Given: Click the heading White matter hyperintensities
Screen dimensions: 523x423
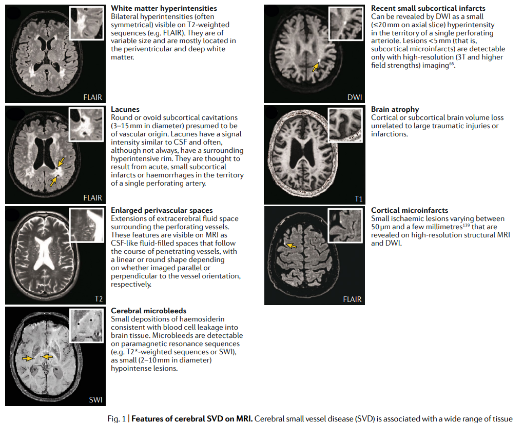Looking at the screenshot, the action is (164, 8).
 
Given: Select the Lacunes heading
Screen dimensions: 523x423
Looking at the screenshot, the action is (125, 109).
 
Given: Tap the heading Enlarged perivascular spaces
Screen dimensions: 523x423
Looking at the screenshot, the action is (162, 210).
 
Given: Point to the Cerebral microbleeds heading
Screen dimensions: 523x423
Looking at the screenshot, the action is (149, 311).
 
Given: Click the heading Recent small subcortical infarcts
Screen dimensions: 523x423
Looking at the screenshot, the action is (428, 8).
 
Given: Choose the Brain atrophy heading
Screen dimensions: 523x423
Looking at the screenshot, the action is (395, 109).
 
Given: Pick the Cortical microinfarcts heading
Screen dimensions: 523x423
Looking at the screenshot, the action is (410, 210).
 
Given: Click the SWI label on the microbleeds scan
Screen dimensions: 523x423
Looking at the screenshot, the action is (95, 399).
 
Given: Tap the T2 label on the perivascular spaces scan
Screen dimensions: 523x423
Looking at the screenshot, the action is (99, 299).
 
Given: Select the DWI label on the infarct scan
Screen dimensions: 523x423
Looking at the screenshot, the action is (355, 97).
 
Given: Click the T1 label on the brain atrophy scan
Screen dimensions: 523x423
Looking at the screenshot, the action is (359, 199).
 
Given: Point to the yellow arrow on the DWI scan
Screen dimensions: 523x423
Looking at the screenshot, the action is (315, 67).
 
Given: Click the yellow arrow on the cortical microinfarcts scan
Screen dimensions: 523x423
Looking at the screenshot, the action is (291, 246).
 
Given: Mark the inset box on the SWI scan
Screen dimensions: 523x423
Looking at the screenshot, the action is (87, 326).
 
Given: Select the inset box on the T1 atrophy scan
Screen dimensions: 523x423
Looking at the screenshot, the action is (345, 125).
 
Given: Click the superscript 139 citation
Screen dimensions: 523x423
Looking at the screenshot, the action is (467, 225).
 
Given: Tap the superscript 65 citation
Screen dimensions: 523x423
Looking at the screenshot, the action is (452, 64).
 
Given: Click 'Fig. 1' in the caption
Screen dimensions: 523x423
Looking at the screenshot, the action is (117, 419).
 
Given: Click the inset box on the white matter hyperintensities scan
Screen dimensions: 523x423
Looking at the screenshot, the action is (87, 24).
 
